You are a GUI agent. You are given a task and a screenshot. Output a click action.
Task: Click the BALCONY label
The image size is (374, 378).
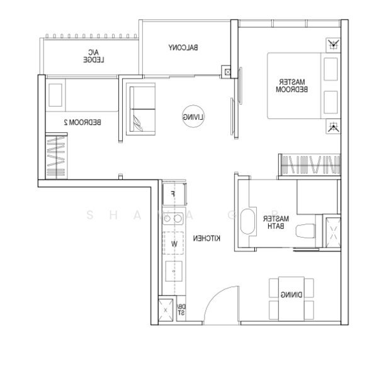point(184,47)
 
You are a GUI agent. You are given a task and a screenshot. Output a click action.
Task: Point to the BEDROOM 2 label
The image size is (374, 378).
point(86,122)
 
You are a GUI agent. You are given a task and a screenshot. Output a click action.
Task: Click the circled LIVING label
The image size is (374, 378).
point(193,116)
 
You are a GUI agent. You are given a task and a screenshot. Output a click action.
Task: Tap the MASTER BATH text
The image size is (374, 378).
point(277,222)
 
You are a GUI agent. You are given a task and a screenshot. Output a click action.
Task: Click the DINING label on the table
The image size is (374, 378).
point(290,294)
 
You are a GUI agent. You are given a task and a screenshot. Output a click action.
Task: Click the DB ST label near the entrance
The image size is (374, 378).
point(181,310)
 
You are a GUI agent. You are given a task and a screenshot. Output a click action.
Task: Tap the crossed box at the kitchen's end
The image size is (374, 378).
point(166,310)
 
